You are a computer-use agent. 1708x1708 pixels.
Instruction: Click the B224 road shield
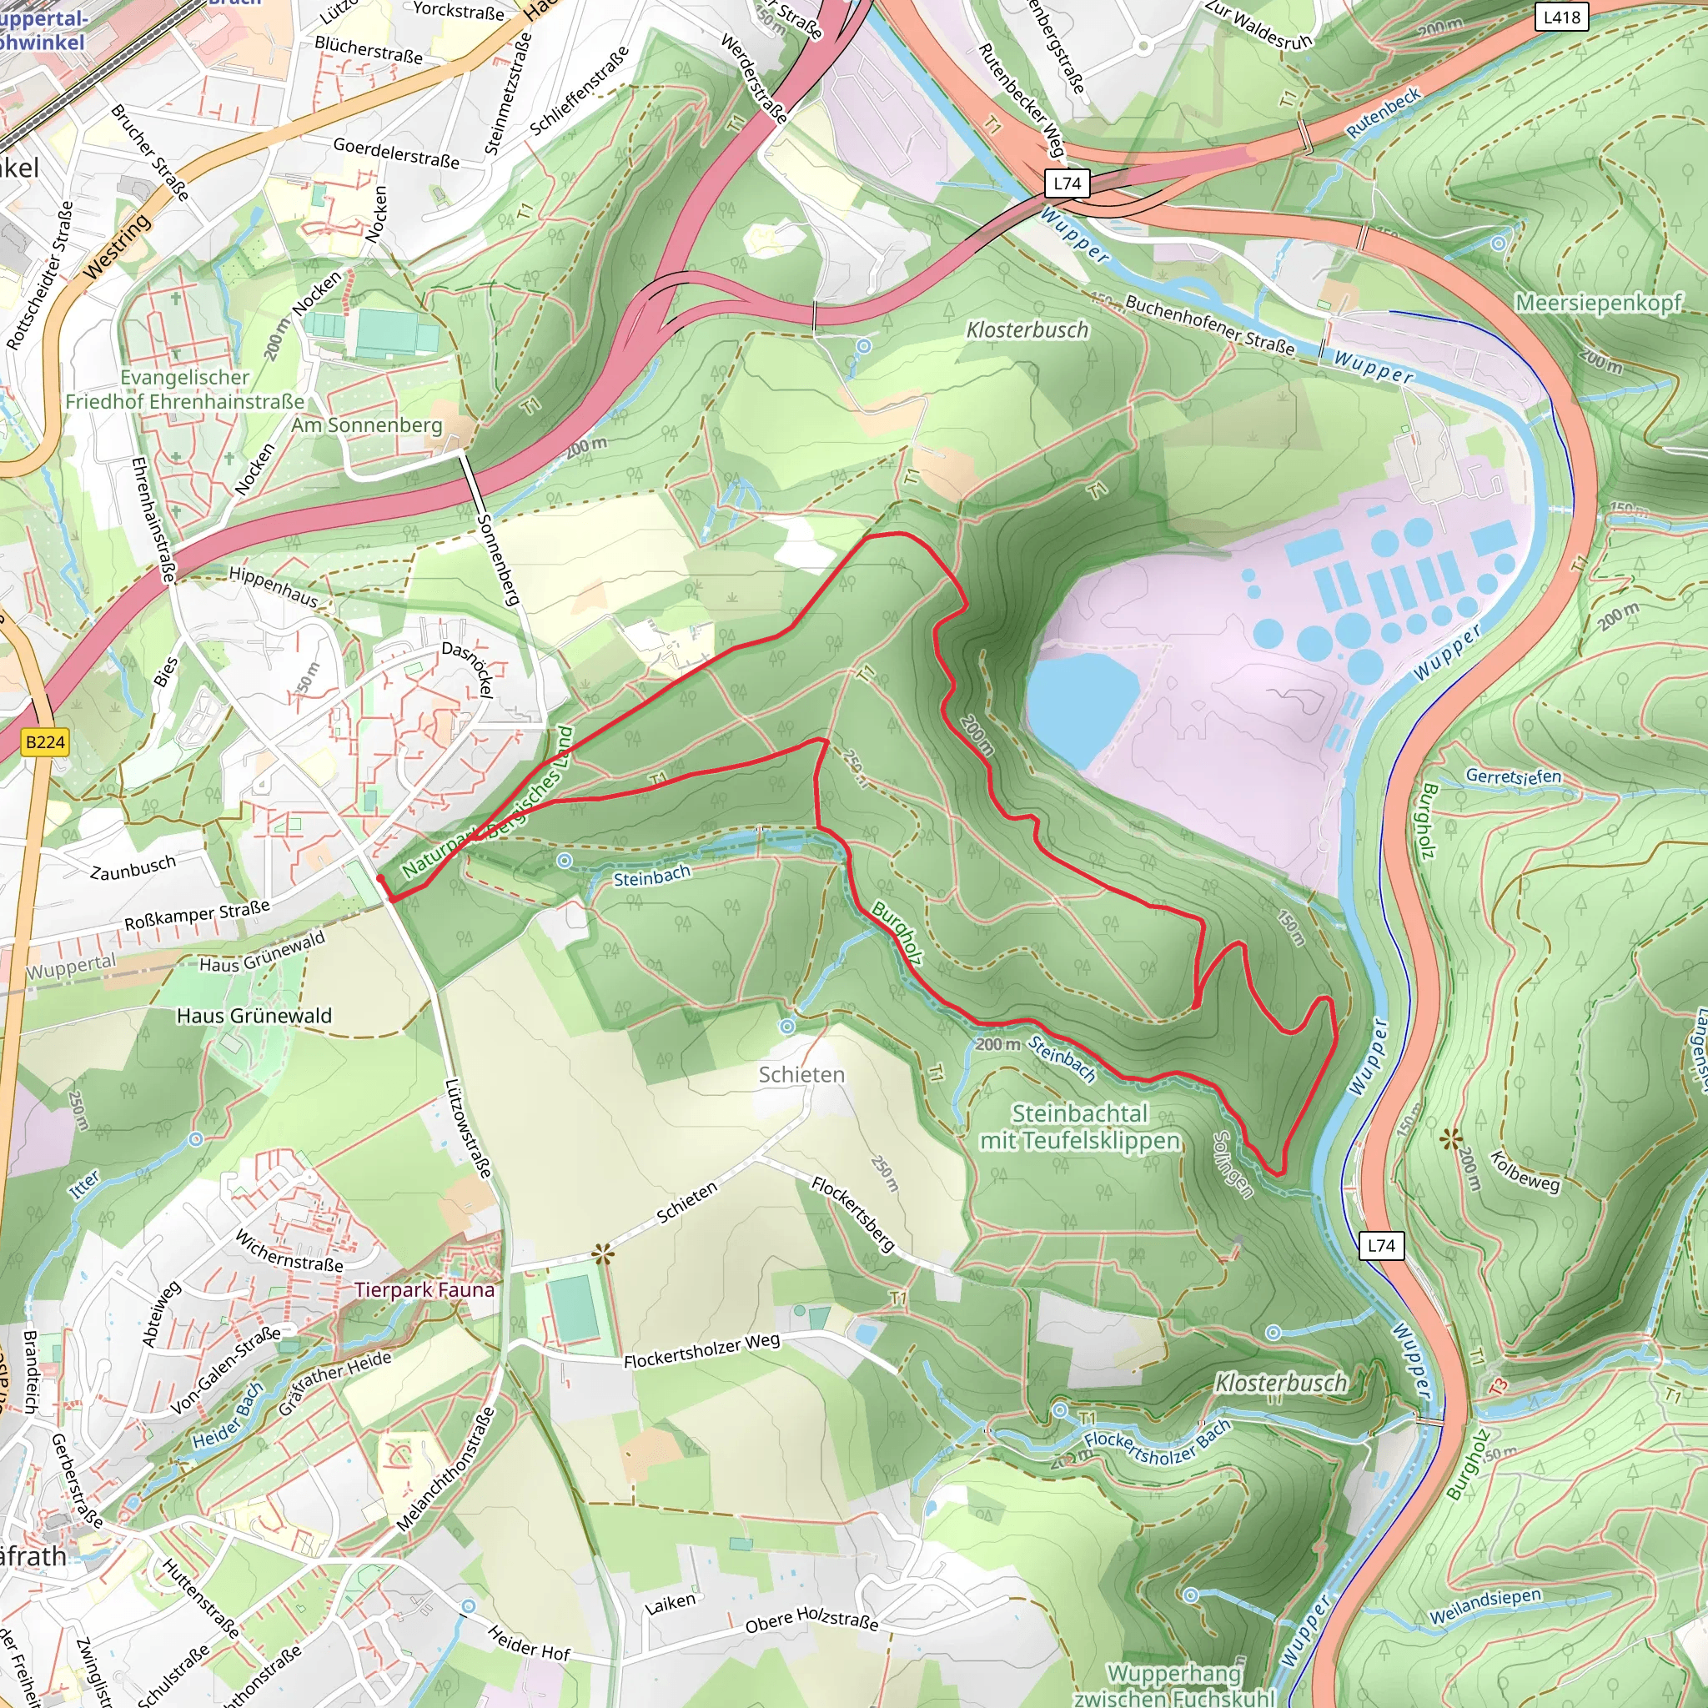click(45, 741)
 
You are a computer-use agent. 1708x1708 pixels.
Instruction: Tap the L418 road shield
click(1560, 17)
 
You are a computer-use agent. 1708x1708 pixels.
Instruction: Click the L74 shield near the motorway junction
click(1067, 183)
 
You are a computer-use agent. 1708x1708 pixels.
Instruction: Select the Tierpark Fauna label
click(424, 1290)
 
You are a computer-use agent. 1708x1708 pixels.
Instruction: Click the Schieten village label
click(801, 1075)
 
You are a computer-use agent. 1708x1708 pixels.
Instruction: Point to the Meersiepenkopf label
click(1599, 303)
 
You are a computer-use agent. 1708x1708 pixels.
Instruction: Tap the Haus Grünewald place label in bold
click(254, 1016)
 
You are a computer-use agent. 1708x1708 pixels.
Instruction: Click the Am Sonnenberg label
click(367, 425)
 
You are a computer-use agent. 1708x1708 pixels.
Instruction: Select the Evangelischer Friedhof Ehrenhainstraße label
click(185, 389)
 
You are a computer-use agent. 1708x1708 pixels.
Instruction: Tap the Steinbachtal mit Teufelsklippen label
click(1079, 1128)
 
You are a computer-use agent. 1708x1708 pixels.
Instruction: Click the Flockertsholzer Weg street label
click(702, 1350)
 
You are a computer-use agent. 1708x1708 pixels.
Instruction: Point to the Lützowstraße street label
click(468, 1128)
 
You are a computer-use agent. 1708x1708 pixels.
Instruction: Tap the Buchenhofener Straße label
click(1209, 325)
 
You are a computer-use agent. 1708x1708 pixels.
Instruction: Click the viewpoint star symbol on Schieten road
click(603, 1253)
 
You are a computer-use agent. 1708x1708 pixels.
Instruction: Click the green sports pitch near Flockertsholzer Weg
click(575, 1309)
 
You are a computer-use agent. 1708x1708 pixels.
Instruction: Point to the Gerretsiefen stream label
click(1514, 776)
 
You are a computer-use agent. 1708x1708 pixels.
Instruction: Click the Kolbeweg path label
click(1525, 1172)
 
